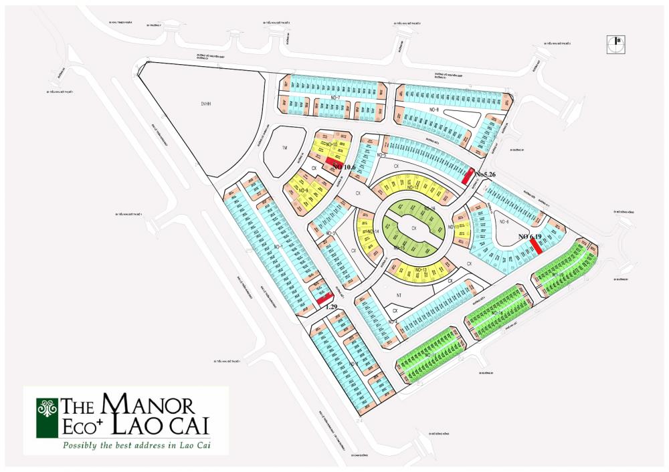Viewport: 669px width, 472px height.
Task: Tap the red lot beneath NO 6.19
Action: tap(535, 246)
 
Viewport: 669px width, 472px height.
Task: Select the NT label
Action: tap(399, 294)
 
